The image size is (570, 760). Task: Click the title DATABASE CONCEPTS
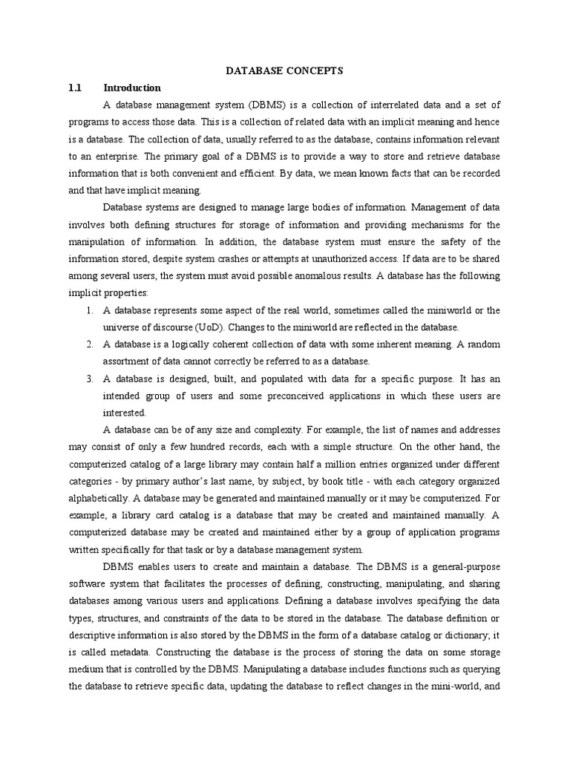click(x=284, y=71)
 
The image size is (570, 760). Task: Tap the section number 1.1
click(x=74, y=88)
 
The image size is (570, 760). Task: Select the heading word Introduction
click(x=132, y=88)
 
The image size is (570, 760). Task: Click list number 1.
click(x=90, y=309)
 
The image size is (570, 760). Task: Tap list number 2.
click(x=90, y=344)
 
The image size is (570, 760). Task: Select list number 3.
click(x=90, y=378)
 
